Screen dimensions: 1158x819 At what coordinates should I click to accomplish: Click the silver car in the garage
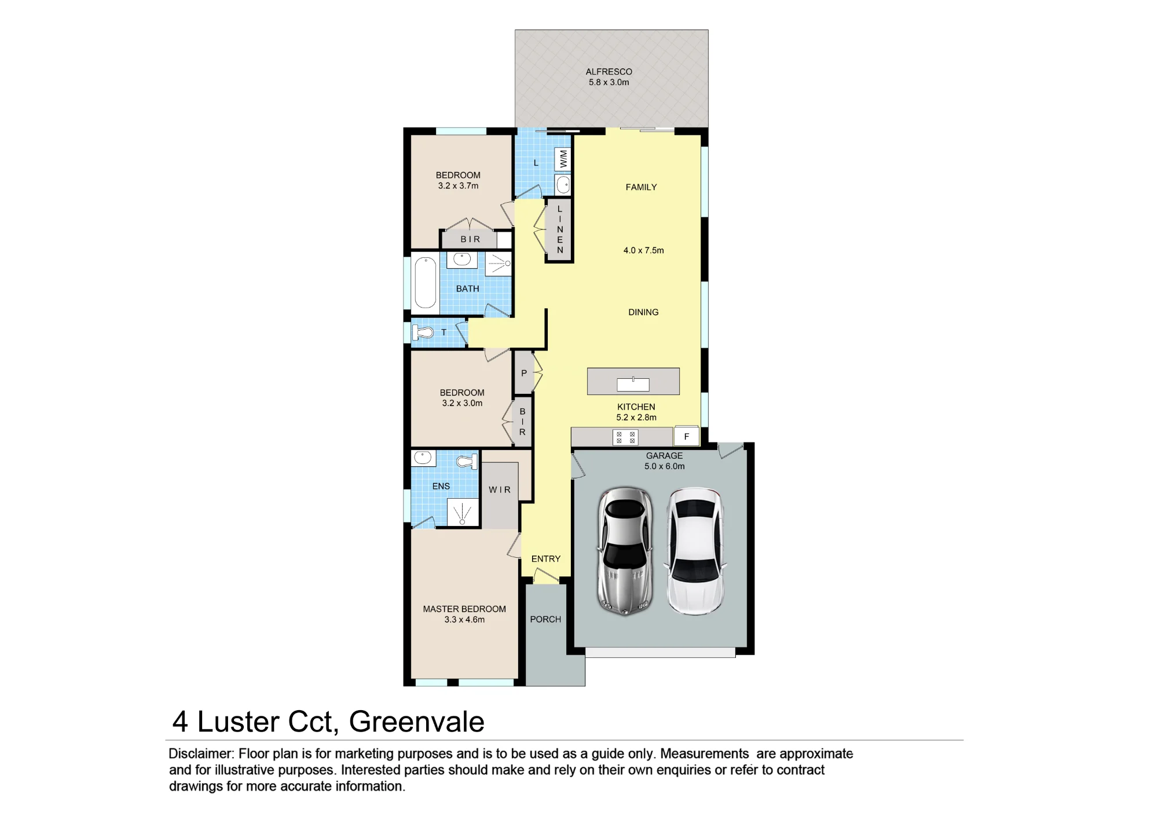pos(625,550)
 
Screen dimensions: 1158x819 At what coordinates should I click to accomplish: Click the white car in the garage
pos(695,551)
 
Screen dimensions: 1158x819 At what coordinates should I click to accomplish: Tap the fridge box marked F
pos(687,436)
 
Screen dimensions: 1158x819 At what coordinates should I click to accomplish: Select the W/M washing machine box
pos(563,159)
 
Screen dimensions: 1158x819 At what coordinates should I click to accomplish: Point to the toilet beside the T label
pos(423,332)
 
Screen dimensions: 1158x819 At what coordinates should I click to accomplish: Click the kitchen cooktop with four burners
pos(625,437)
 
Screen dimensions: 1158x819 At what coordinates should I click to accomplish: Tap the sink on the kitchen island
pos(633,384)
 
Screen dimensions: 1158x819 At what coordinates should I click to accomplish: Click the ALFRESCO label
pos(609,72)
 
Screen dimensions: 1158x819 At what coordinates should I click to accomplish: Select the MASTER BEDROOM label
pos(464,609)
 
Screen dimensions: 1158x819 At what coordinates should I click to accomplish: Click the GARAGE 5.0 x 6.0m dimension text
pos(665,466)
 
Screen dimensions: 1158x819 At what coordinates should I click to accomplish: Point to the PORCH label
pos(545,619)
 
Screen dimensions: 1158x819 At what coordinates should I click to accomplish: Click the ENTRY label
pos(546,559)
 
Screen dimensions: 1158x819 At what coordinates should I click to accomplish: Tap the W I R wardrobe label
pos(500,490)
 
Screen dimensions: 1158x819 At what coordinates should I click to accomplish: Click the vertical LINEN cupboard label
pos(560,229)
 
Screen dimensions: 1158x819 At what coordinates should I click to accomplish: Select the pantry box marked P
pos(523,373)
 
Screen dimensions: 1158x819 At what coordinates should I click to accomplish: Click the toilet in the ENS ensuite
pos(467,462)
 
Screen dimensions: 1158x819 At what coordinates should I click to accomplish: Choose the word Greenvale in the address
pos(417,722)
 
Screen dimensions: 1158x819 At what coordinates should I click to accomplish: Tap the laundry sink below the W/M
pos(563,185)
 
